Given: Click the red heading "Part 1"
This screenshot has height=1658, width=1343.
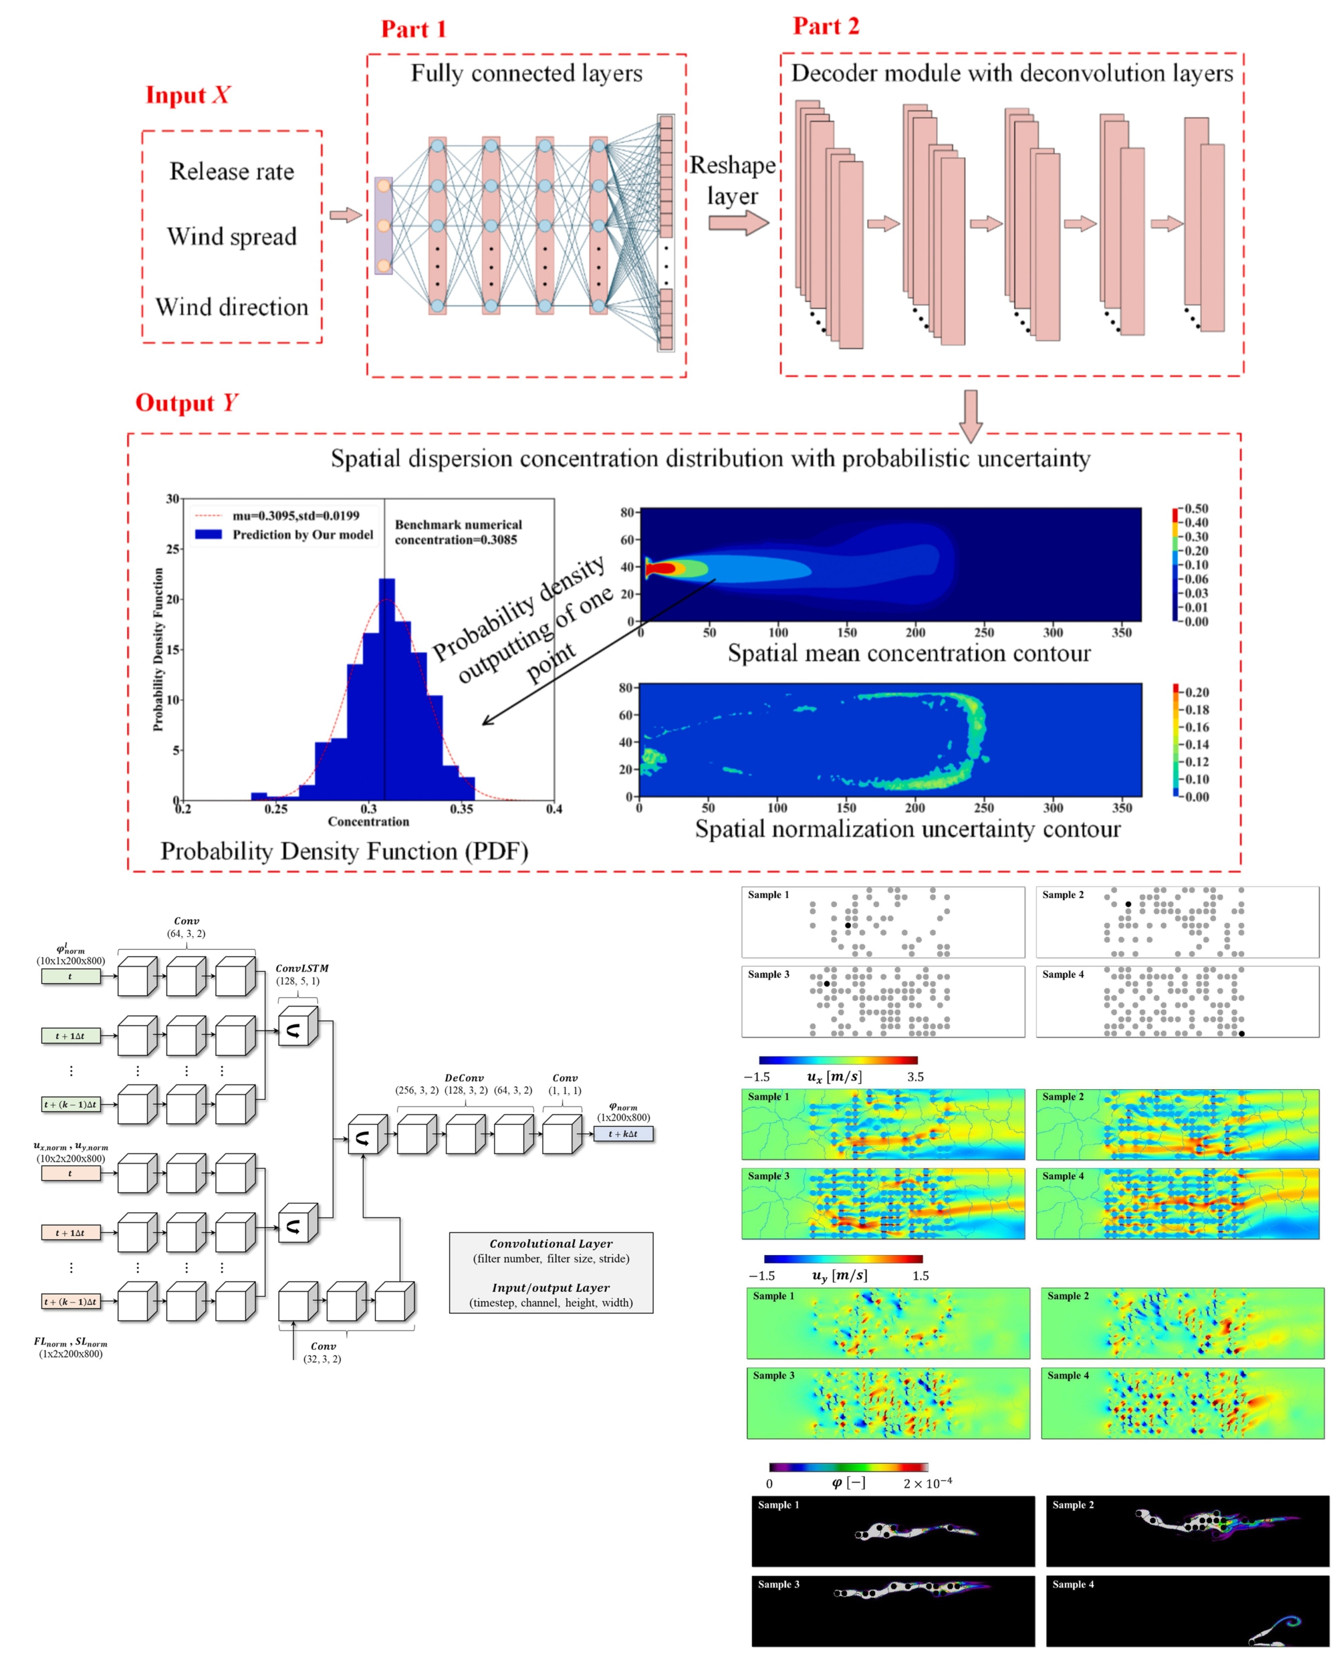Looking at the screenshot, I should (x=413, y=29).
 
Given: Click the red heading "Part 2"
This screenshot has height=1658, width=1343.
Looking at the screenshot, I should (x=826, y=26).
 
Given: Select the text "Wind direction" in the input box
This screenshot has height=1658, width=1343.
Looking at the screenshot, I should (x=231, y=307).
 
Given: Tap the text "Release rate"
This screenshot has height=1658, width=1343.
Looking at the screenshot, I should (x=231, y=171).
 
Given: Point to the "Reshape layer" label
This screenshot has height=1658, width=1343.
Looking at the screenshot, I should (x=732, y=180).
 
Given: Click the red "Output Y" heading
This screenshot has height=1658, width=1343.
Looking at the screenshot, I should (x=187, y=403).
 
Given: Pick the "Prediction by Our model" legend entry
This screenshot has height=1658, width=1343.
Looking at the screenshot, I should (x=301, y=535).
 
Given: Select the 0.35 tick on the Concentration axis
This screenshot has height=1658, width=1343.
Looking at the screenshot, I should (x=461, y=809).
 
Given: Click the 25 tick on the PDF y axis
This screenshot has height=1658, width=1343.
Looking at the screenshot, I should (x=172, y=549).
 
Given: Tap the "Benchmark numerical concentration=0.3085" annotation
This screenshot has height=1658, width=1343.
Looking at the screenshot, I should (x=458, y=532).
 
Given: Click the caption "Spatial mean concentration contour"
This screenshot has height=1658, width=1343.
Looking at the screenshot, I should (x=908, y=654).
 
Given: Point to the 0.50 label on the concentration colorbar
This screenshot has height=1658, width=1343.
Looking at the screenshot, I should (x=1196, y=509).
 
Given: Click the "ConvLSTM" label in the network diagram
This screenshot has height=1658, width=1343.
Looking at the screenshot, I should (x=301, y=968).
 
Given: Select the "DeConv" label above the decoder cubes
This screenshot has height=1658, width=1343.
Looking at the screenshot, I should (x=464, y=1077).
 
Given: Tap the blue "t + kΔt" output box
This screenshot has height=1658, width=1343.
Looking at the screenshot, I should (x=623, y=1133).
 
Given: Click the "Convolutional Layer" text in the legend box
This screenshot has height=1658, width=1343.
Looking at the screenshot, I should (x=551, y=1244).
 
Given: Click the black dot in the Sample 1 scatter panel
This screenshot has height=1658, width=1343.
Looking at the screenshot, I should (x=848, y=926).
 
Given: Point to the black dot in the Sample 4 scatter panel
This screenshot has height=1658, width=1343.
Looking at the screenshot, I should (x=1241, y=1033).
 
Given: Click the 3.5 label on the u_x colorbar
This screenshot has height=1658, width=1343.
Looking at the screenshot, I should (x=915, y=1077).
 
